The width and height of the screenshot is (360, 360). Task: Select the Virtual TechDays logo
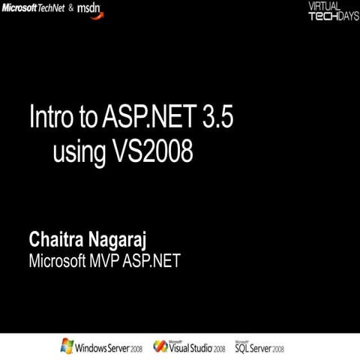pyautogui.click(x=333, y=11)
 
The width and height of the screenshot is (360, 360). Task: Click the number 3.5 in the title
pyautogui.click(x=223, y=117)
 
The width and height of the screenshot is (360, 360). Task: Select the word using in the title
pyautogui.click(x=79, y=152)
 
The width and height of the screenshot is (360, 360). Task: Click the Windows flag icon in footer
pyautogui.click(x=67, y=346)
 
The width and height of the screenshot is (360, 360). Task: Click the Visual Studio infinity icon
pyautogui.click(x=160, y=346)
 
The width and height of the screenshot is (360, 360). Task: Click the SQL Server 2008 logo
pyautogui.click(x=260, y=347)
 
